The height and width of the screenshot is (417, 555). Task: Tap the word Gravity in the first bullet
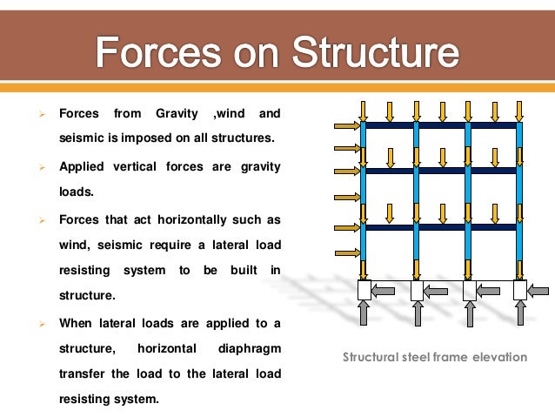(x=177, y=114)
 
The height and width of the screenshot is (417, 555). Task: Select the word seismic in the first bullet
(x=85, y=137)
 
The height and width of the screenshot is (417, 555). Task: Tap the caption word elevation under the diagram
(x=498, y=357)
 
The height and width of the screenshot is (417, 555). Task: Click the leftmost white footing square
(x=364, y=290)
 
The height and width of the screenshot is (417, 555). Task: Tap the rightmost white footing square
(x=520, y=290)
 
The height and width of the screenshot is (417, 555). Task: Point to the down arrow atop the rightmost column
(x=520, y=110)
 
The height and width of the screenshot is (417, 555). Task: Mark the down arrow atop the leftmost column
(x=364, y=110)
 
